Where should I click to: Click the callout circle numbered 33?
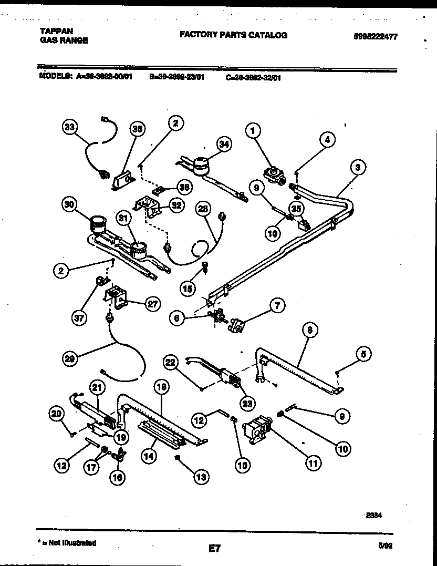click(x=68, y=128)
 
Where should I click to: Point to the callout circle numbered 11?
click(x=313, y=464)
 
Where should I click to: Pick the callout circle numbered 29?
click(x=69, y=358)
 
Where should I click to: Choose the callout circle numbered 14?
click(x=150, y=457)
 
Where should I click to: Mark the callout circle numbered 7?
click(x=277, y=305)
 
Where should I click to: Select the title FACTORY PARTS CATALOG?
click(x=233, y=35)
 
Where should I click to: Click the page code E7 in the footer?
click(x=214, y=549)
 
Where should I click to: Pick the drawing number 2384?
click(x=374, y=516)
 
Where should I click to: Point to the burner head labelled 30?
click(x=96, y=224)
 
